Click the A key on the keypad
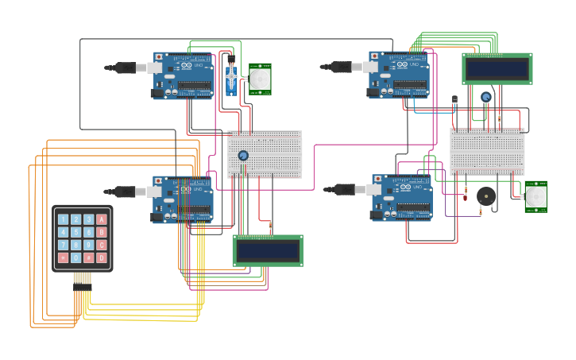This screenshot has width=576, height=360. (101, 219)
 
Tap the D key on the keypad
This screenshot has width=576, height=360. (101, 257)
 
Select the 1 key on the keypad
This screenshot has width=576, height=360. (63, 219)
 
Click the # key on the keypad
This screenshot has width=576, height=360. (88, 257)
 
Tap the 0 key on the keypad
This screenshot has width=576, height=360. (75, 257)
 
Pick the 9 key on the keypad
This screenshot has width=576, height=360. (88, 245)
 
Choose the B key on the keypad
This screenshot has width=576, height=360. (101, 232)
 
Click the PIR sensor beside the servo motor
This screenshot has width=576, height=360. (260, 79)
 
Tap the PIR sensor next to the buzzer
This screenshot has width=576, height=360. (536, 196)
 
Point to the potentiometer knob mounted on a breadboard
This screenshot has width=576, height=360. (243, 156)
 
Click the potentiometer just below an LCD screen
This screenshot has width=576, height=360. (485, 97)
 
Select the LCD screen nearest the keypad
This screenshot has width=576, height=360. (268, 250)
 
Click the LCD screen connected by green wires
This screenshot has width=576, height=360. (497, 69)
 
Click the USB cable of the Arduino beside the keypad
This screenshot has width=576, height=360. (127, 192)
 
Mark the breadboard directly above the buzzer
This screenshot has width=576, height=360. (487, 151)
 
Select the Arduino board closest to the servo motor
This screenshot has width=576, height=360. (184, 75)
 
